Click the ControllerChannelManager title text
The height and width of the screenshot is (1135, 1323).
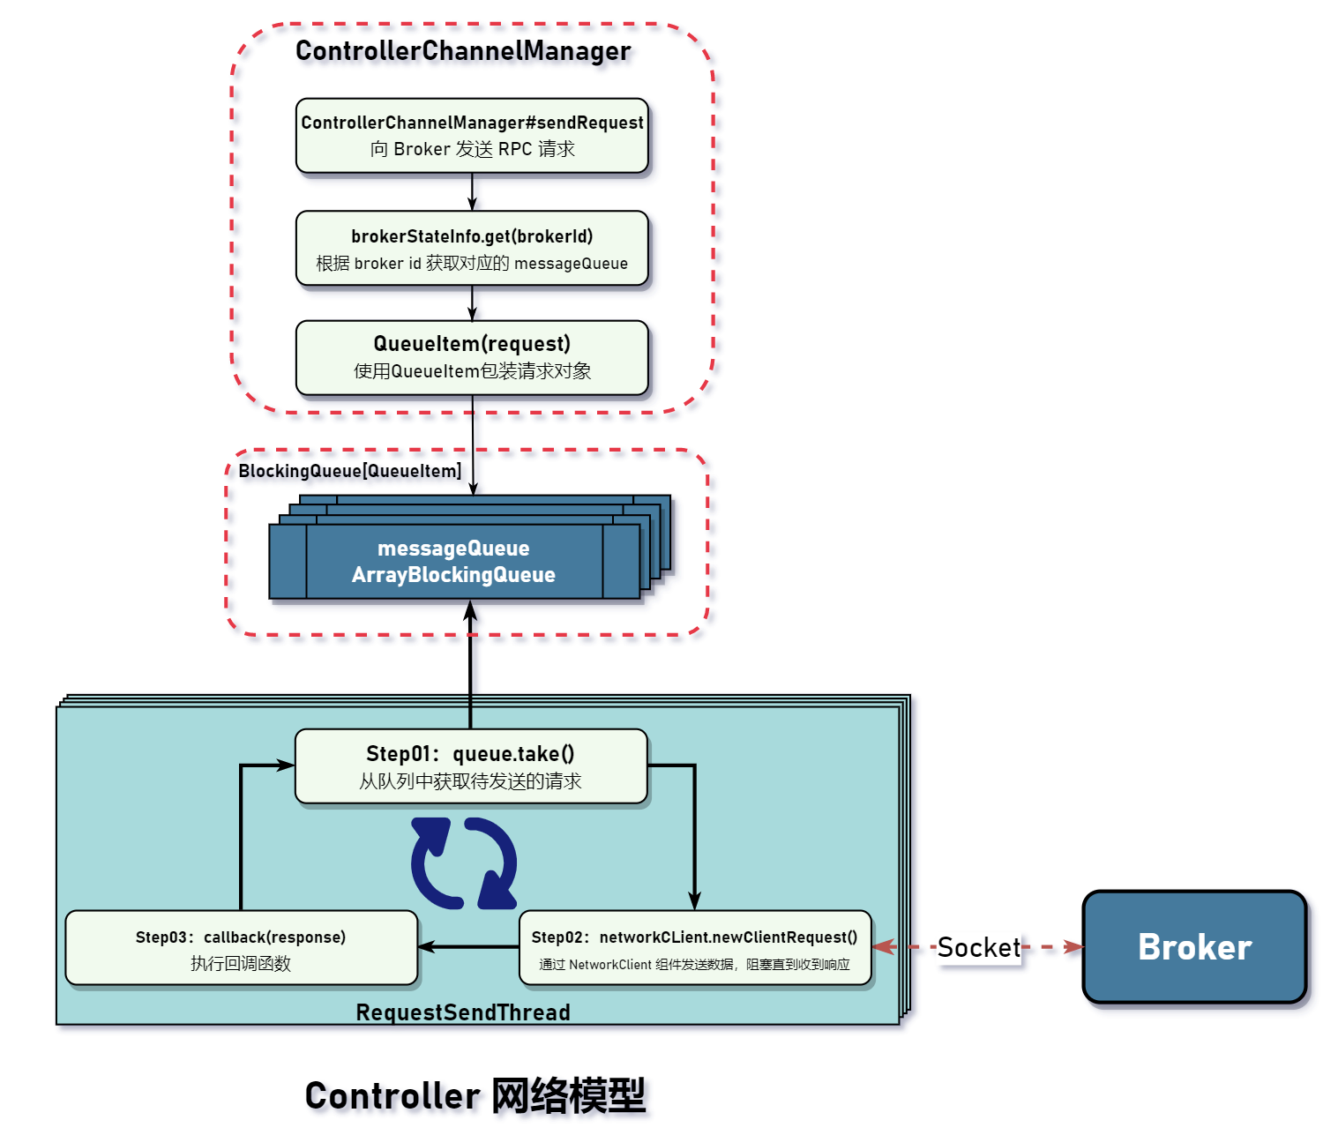463,51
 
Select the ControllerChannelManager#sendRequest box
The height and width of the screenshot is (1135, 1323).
472,136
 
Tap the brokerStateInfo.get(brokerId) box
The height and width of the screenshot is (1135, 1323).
472,249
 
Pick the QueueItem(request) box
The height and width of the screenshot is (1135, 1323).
472,357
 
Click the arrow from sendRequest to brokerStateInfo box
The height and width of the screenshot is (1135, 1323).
472,191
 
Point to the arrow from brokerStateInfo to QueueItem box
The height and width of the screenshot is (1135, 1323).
472,302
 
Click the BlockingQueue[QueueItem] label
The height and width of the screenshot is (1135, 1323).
350,471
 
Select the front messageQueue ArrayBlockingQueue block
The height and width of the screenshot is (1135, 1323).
454,562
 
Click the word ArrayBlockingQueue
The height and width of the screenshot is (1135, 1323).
453,575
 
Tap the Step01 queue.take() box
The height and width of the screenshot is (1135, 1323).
471,766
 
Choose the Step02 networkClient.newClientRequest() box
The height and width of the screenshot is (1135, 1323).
695,948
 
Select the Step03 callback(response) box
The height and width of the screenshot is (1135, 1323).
241,948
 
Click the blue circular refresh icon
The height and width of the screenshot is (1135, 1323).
464,863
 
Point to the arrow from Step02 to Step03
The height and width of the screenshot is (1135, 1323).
468,947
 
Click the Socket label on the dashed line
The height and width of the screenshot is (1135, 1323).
978,947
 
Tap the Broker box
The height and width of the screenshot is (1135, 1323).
1194,947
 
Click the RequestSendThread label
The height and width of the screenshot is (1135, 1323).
463,1012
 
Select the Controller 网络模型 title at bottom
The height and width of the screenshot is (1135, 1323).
475,1095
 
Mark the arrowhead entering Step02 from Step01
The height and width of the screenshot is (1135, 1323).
694,901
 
